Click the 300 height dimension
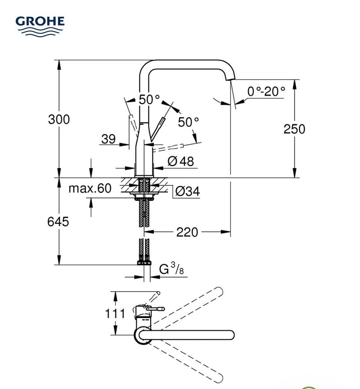59,119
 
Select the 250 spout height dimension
294,129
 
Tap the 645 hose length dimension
58,221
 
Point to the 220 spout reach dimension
187,233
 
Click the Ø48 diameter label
181,161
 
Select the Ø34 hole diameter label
187,191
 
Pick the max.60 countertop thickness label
90,188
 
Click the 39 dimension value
108,139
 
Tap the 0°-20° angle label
266,91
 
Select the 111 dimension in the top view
115,314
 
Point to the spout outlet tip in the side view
230,79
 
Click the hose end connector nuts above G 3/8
144,263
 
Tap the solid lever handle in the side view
157,130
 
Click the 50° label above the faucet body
149,100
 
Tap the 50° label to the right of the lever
188,122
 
